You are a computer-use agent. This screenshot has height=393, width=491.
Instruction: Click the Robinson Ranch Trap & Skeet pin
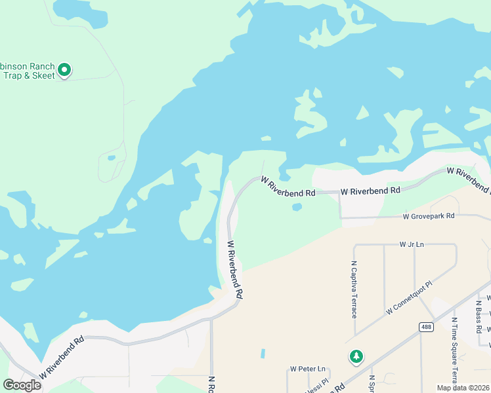[64, 69]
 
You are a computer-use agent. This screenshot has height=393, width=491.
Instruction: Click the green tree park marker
[356, 356]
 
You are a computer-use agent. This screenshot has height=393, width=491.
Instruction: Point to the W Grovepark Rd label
[428, 216]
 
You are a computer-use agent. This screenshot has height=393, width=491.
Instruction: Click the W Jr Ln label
[412, 244]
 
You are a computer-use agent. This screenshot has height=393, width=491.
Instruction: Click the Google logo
[22, 385]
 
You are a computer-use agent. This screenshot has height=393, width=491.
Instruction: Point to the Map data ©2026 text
[463, 388]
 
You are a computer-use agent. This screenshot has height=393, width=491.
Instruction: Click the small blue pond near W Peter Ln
[263, 353]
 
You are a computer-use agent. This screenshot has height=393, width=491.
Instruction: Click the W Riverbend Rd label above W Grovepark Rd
[370, 191]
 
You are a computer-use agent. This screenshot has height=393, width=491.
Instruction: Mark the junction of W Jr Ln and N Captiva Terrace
[354, 245]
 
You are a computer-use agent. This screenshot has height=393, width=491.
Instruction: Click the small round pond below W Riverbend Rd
[297, 207]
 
